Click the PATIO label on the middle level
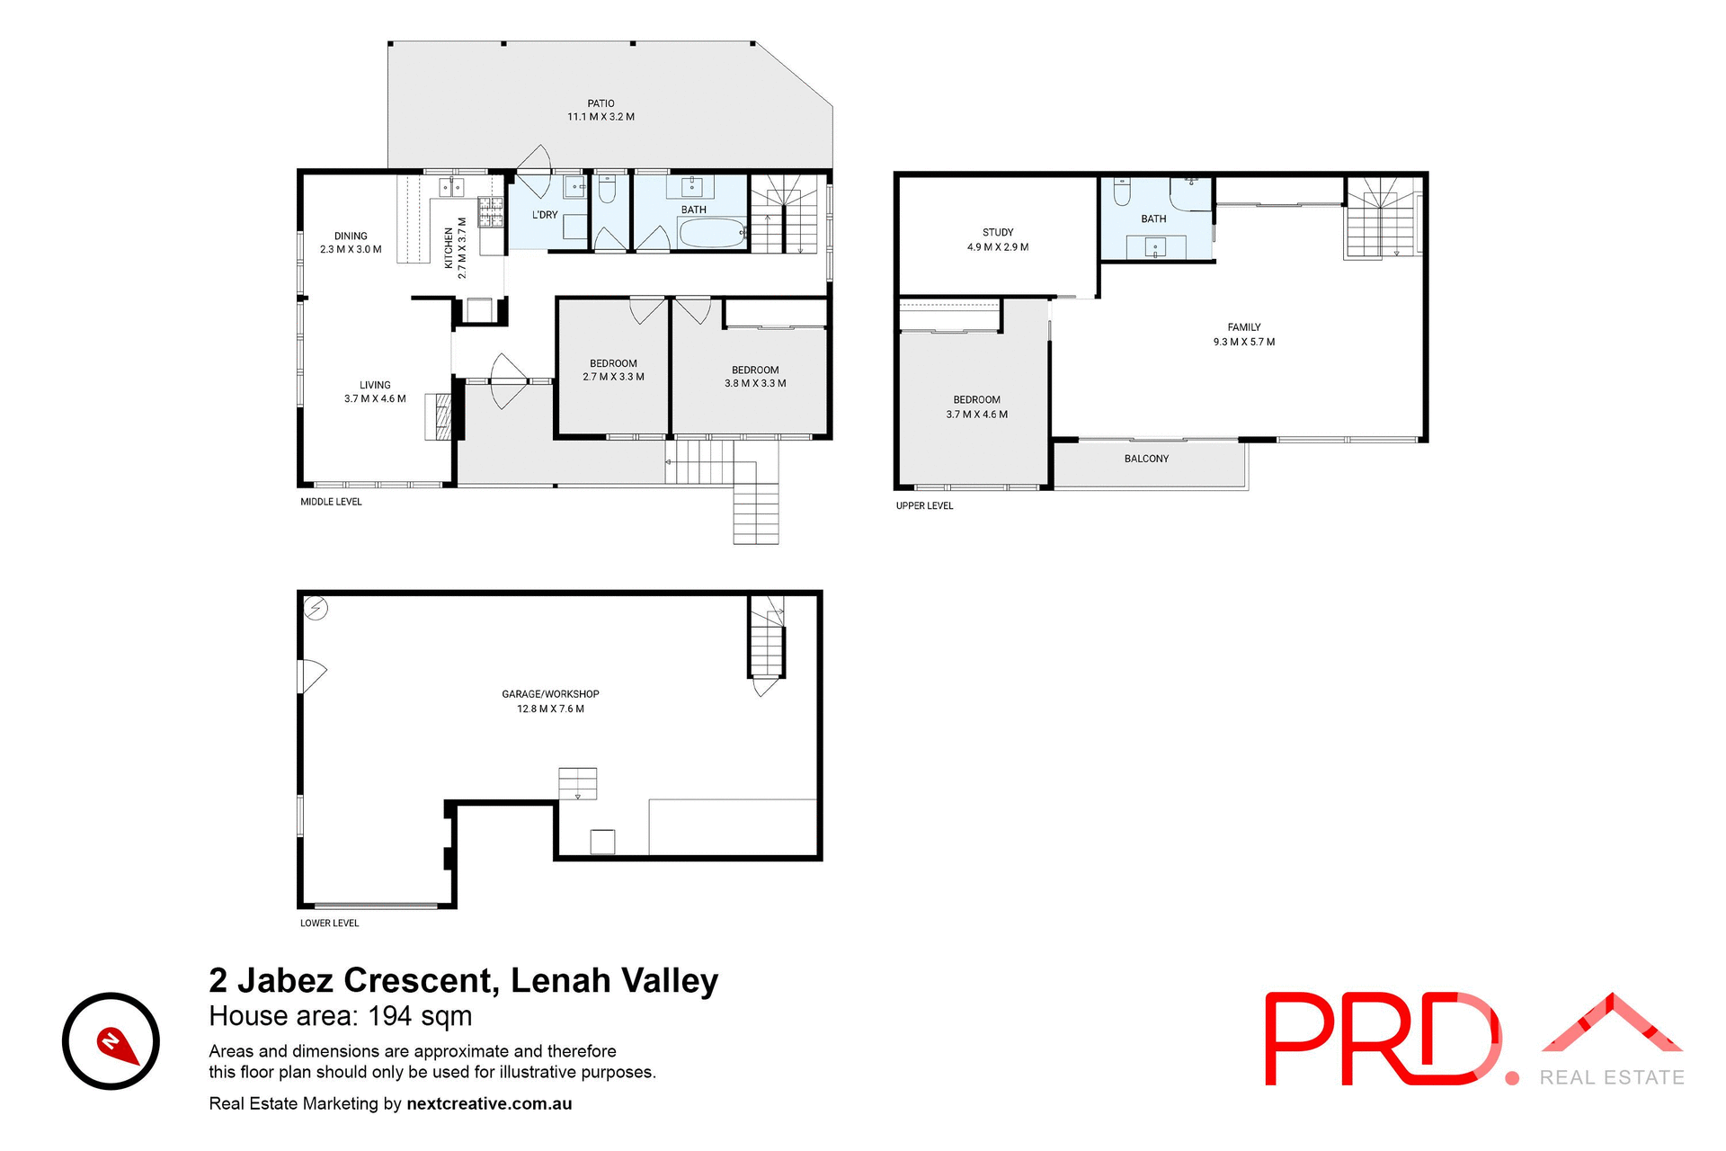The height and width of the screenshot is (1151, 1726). (601, 103)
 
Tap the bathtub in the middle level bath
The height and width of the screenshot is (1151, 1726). (711, 233)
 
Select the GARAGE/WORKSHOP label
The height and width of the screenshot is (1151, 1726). (550, 694)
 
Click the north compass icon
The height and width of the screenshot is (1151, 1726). (111, 1041)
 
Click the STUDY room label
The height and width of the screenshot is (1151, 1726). (998, 232)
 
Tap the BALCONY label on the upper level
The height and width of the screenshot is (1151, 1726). (1146, 459)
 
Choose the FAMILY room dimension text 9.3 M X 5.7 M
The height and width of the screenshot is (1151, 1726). (1244, 342)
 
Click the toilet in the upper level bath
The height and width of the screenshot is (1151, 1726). (1122, 192)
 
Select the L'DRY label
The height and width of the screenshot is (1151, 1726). (545, 215)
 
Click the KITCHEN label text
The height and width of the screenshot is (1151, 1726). (449, 248)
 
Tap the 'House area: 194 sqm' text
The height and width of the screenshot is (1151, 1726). (340, 1016)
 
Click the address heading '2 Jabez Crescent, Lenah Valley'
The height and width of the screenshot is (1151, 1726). (464, 980)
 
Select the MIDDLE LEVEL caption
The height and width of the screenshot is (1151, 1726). (331, 502)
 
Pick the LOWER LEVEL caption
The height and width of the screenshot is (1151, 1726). (329, 923)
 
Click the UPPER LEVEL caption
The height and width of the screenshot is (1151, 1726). (924, 506)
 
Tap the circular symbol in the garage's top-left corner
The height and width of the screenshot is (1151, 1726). (316, 609)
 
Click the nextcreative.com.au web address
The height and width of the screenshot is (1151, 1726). (489, 1103)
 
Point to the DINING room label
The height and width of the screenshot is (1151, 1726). (351, 236)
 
